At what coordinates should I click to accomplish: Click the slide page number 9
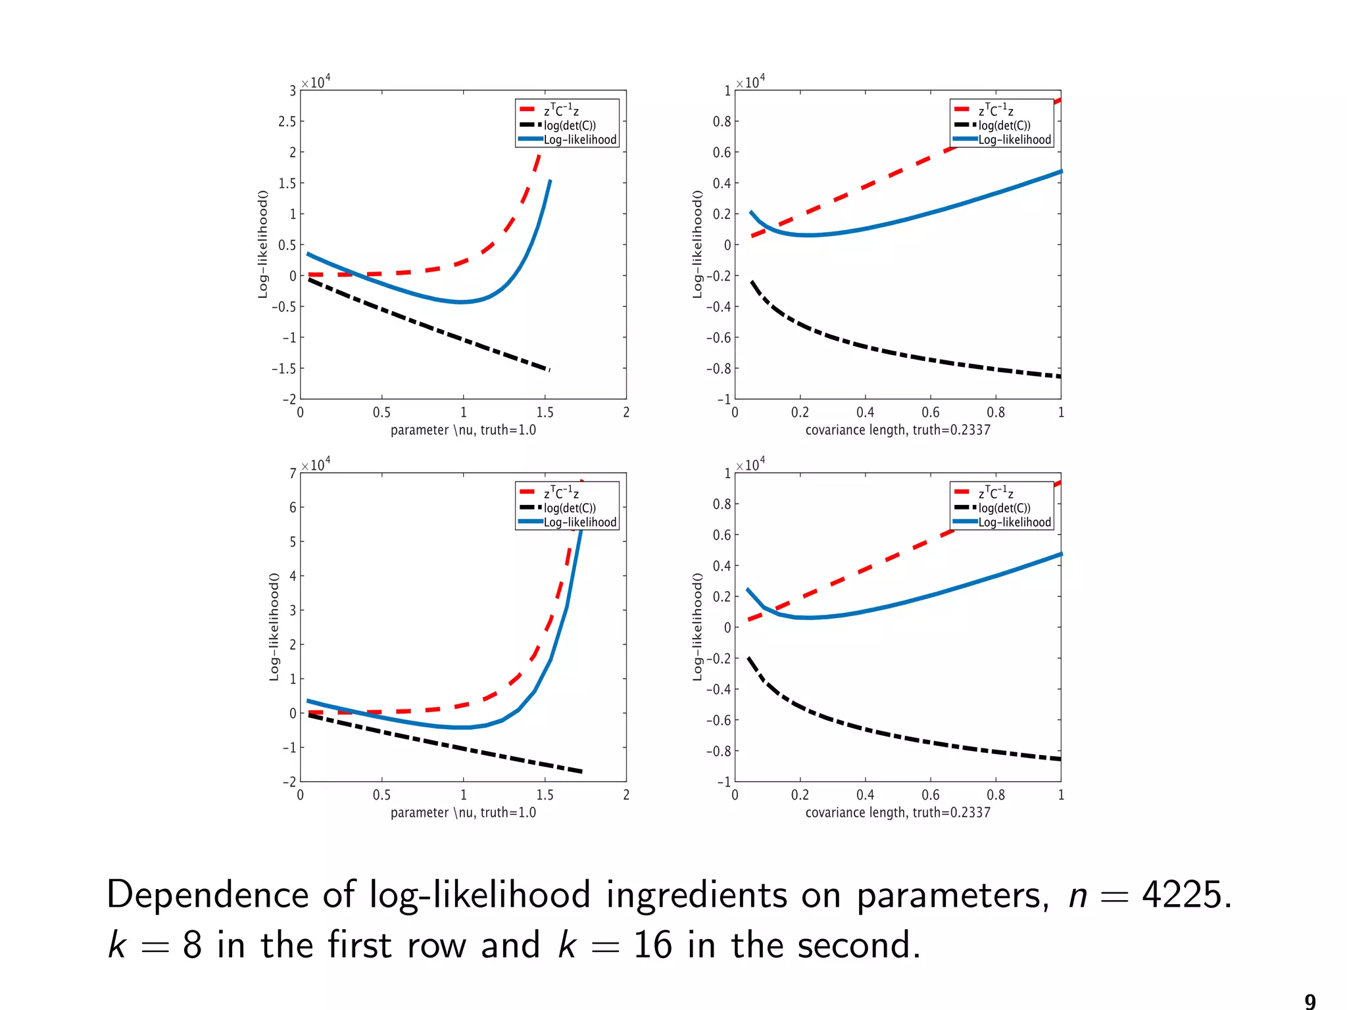click(1310, 1001)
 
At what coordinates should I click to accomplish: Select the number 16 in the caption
click(652, 946)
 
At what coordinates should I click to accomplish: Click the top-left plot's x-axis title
click(463, 430)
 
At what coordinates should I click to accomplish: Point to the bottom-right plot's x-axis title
click(897, 813)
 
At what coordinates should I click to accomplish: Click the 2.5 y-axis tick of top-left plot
click(287, 122)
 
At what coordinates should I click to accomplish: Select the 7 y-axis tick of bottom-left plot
click(293, 473)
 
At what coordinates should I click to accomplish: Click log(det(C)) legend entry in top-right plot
click(1004, 126)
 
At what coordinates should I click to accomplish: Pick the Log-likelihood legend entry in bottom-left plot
click(579, 523)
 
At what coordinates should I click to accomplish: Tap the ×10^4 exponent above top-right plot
click(750, 82)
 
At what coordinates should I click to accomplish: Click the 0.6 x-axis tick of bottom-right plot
click(930, 795)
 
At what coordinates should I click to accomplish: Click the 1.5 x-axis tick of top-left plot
click(545, 412)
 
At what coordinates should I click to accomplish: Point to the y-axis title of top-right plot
click(698, 245)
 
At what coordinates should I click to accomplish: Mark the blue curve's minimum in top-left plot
click(461, 302)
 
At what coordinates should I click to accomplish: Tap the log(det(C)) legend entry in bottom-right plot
click(1004, 508)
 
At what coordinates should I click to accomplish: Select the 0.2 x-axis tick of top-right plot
click(800, 412)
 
